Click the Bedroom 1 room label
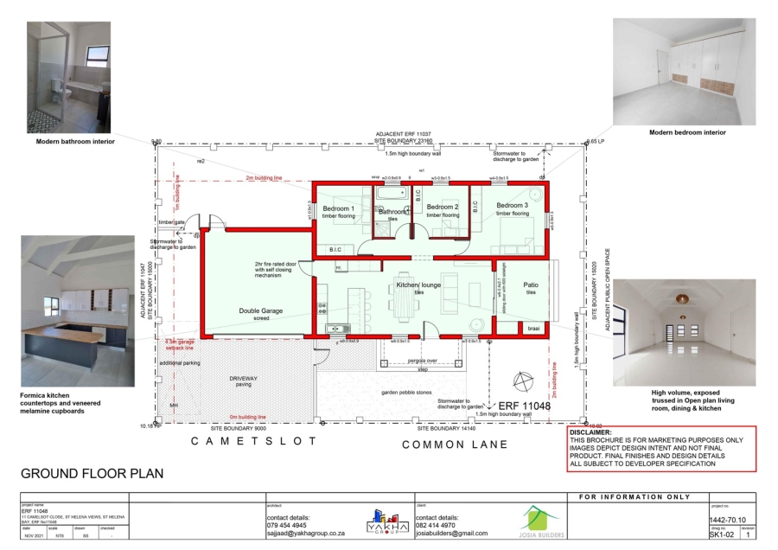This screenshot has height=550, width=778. pos(339,208)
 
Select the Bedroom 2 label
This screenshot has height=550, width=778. pos(442,207)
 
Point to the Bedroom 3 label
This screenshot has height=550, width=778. pos(511,205)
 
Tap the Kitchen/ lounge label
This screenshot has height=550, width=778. pos(419,285)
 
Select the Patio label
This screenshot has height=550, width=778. pos(531,285)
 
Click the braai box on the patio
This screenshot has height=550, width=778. pos(532,329)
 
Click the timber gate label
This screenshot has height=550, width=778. pos(171,222)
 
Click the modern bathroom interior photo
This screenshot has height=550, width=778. pos(68,78)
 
